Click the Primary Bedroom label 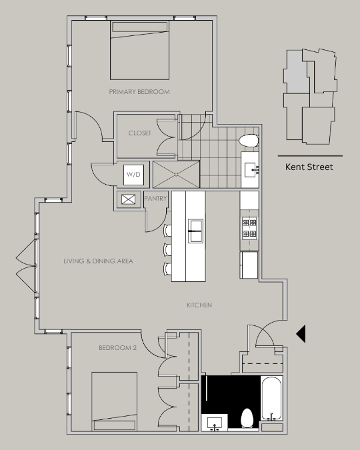tap(139, 92)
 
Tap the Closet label tap(140, 133)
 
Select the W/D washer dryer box tap(134, 175)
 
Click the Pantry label tap(155, 198)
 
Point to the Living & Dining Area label tap(98, 261)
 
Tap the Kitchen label tap(199, 305)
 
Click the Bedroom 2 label tap(118, 348)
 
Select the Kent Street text tap(309, 167)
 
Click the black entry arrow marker tap(301, 334)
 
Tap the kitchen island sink tap(195, 231)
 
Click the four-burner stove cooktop tap(249, 228)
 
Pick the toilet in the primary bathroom tap(249, 141)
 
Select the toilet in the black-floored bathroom tap(247, 418)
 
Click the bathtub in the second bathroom tap(271, 399)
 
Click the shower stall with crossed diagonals tap(176, 174)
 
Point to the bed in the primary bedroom tap(139, 50)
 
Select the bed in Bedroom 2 tap(114, 401)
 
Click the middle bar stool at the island tap(167, 250)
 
